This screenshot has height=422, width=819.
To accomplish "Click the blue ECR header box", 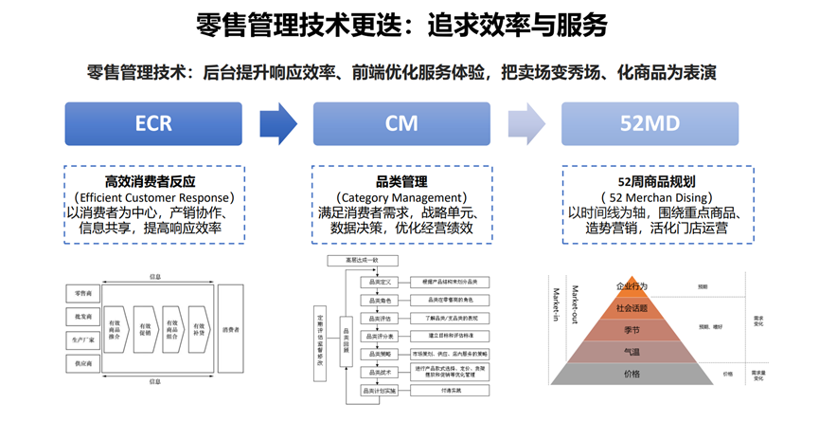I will pos(153,123).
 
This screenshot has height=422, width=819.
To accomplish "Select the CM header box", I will pos(401,123).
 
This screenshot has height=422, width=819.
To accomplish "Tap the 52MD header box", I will pos(650,123).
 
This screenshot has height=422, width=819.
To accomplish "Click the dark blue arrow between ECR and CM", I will pos(277,123).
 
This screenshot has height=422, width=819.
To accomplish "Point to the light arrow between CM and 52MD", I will pos(525,123).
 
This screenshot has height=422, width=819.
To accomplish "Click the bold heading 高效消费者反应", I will pos(153,181).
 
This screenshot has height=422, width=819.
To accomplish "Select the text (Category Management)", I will pos(401,196).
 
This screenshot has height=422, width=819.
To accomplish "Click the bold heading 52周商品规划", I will pos(650,181).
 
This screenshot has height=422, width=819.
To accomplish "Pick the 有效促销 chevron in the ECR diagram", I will pos(144,329).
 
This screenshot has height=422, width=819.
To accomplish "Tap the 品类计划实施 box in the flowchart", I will pos(379,390).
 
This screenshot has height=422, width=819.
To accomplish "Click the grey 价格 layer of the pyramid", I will pos(632,374).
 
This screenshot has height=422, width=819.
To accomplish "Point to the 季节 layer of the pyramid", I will pos(632,328).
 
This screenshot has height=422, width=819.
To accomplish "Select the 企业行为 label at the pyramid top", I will pos(632,285).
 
